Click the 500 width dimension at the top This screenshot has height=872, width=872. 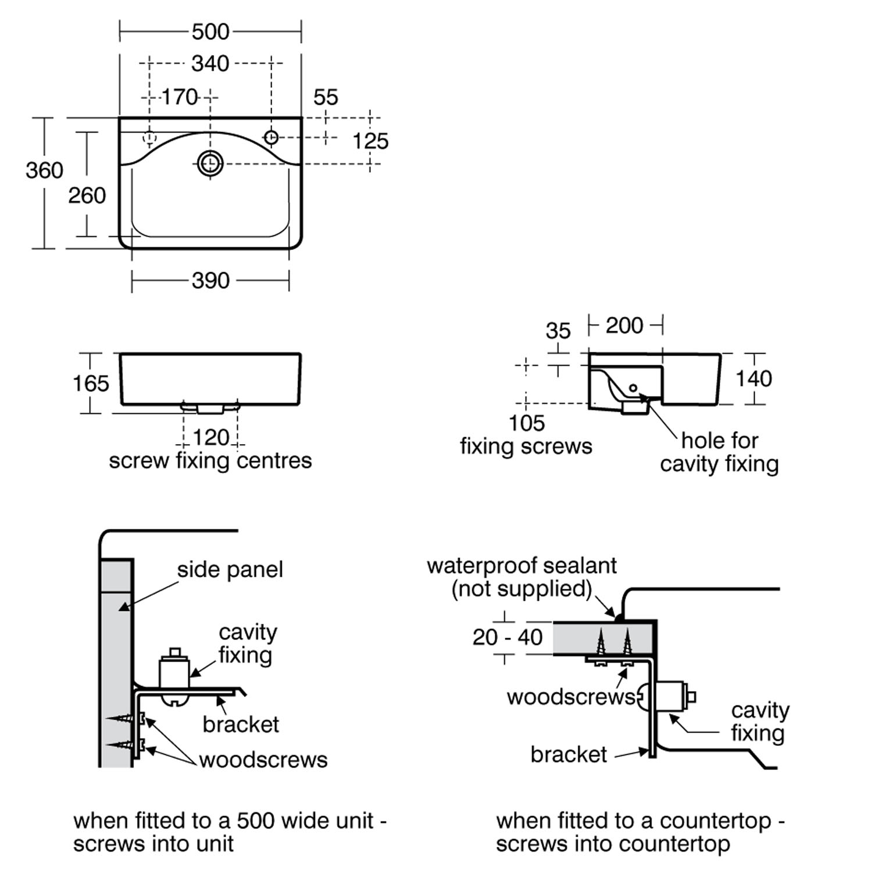[210, 31]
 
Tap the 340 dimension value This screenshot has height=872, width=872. [210, 63]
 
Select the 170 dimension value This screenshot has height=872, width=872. [179, 97]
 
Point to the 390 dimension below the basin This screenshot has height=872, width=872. [210, 281]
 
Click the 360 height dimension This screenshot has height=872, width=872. [44, 170]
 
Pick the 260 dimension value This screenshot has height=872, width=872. [87, 195]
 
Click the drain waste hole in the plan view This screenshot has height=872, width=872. [210, 163]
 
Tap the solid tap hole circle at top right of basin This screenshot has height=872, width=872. [271, 137]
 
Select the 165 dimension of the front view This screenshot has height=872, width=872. [91, 383]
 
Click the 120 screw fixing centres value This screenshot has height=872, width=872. [210, 437]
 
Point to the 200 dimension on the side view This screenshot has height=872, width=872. [624, 326]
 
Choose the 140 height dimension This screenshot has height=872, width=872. [754, 379]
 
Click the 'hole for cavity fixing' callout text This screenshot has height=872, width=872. [719, 452]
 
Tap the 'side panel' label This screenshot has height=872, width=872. [230, 570]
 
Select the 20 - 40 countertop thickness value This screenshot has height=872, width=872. [508, 637]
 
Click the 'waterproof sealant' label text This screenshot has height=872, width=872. [521, 566]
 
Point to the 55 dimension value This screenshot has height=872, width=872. [326, 97]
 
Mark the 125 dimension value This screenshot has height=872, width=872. [370, 141]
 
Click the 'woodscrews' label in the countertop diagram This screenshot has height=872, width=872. [570, 697]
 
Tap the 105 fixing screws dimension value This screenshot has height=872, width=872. [527, 423]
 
